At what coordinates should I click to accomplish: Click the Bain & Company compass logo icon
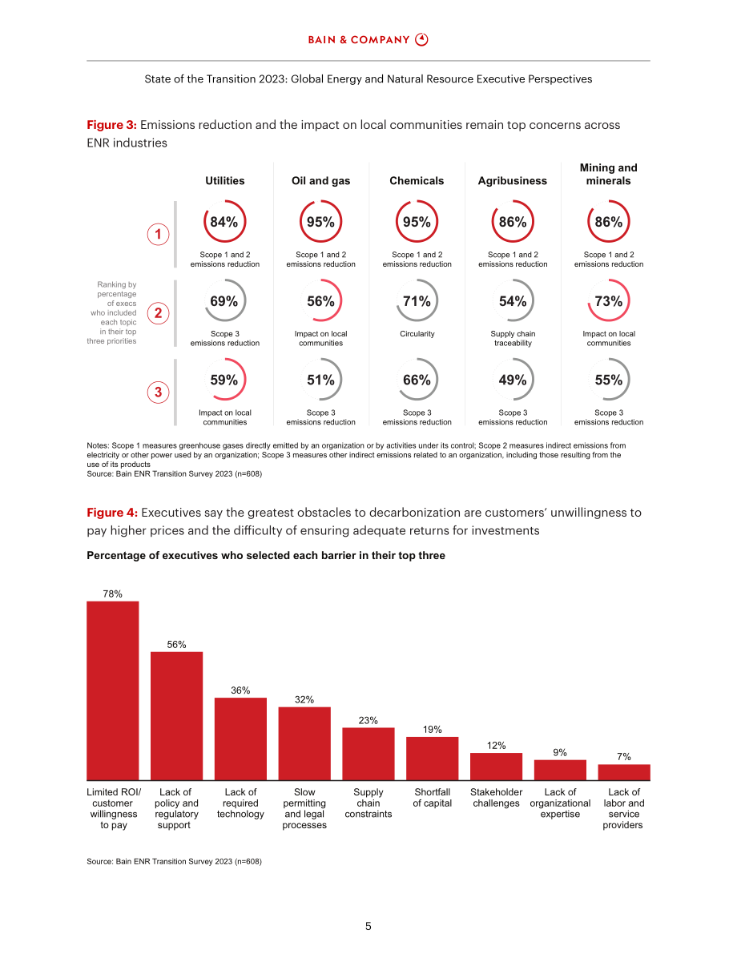[x=421, y=39]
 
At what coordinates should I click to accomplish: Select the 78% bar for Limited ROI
[x=113, y=690]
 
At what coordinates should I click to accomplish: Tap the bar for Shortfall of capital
[x=432, y=758]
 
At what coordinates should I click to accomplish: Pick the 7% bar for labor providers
[x=624, y=772]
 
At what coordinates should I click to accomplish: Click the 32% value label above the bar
[x=304, y=700]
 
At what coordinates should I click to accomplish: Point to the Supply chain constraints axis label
[x=368, y=803]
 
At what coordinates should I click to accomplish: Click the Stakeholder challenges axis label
[x=496, y=798]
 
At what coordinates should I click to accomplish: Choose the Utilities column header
[x=224, y=181]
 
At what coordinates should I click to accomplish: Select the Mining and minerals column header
[x=609, y=174]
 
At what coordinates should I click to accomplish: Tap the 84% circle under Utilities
[x=224, y=200]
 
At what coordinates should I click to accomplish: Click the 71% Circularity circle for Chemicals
[x=417, y=280]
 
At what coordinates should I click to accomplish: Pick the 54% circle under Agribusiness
[x=513, y=280]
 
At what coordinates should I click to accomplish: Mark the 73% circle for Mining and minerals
[x=609, y=280]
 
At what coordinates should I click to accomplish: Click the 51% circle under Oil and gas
[x=320, y=358]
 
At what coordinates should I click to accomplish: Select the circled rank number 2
[x=159, y=312]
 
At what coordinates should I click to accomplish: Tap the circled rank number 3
[x=159, y=392]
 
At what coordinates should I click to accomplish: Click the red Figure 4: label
[x=112, y=513]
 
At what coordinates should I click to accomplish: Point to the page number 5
[x=368, y=926]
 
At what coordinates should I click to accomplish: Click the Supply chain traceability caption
[x=513, y=338]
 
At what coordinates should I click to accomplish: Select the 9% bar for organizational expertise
[x=560, y=771]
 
